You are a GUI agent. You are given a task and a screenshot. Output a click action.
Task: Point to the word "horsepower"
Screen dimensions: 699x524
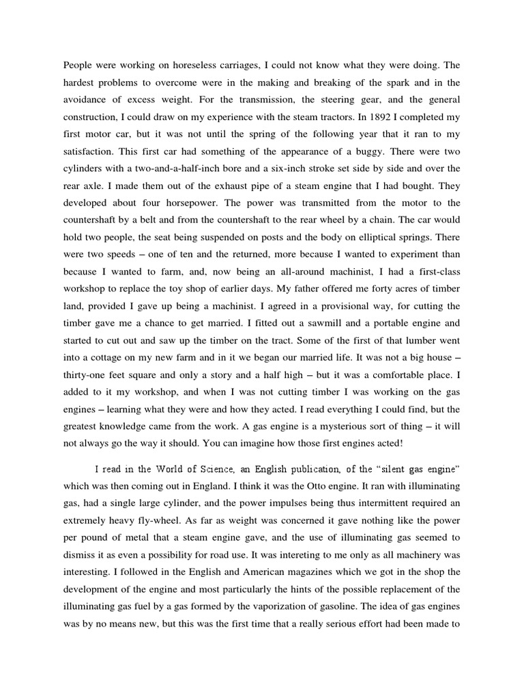click(205, 203)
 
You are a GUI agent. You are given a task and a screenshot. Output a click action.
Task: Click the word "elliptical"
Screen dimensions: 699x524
click(364, 237)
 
